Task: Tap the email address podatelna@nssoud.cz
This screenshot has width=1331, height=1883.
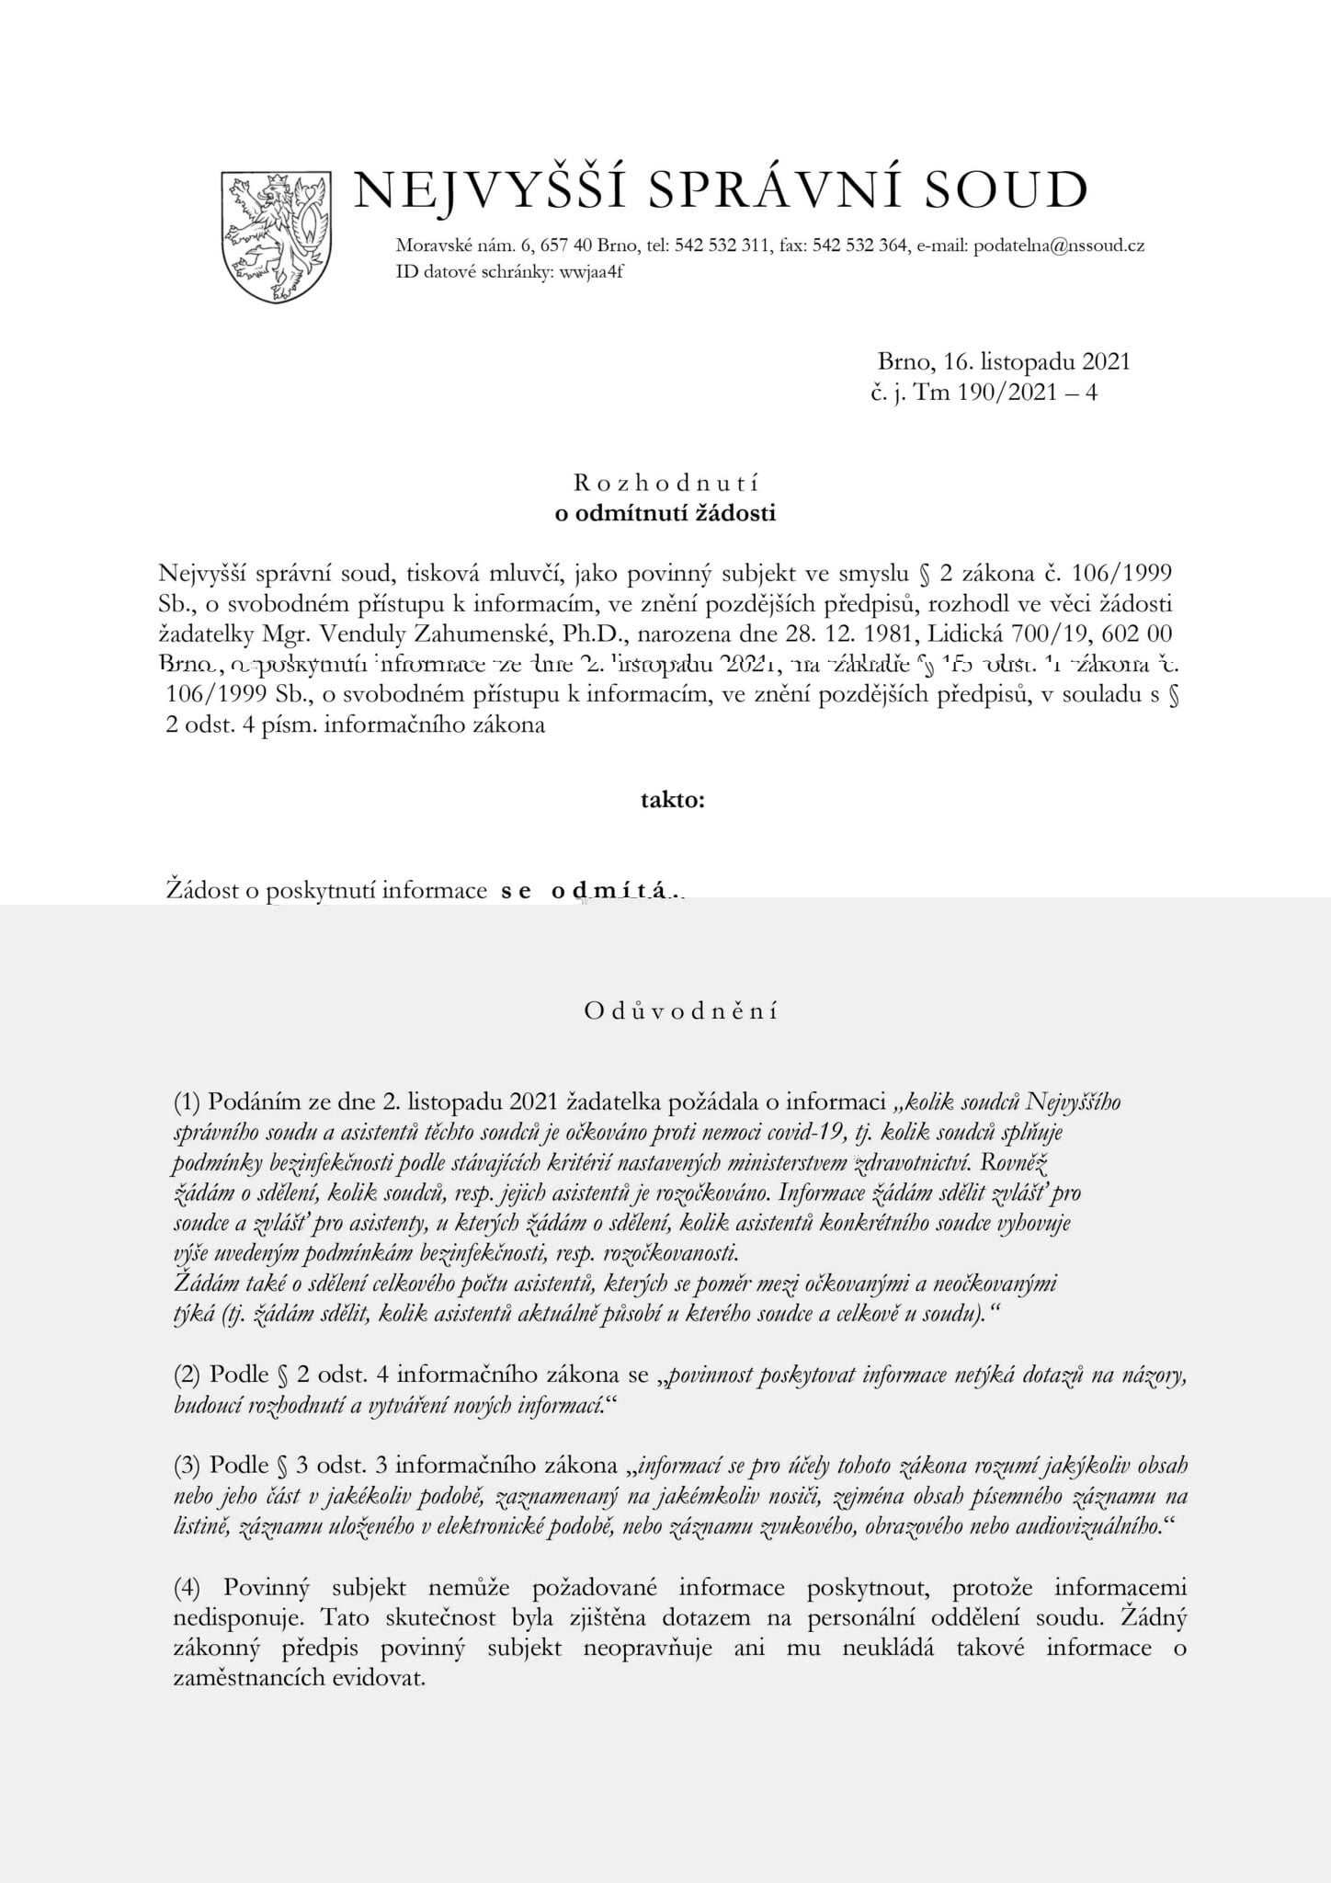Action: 1058,245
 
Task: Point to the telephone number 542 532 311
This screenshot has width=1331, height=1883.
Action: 722,245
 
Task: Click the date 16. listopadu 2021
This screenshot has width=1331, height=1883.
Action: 1023,361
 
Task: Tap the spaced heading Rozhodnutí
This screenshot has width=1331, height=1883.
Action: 665,483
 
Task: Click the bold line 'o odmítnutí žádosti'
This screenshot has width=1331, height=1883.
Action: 665,513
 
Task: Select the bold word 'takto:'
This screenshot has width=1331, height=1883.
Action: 673,800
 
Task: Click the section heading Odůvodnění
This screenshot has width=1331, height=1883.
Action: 680,1011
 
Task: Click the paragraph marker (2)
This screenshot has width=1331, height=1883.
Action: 188,1375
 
